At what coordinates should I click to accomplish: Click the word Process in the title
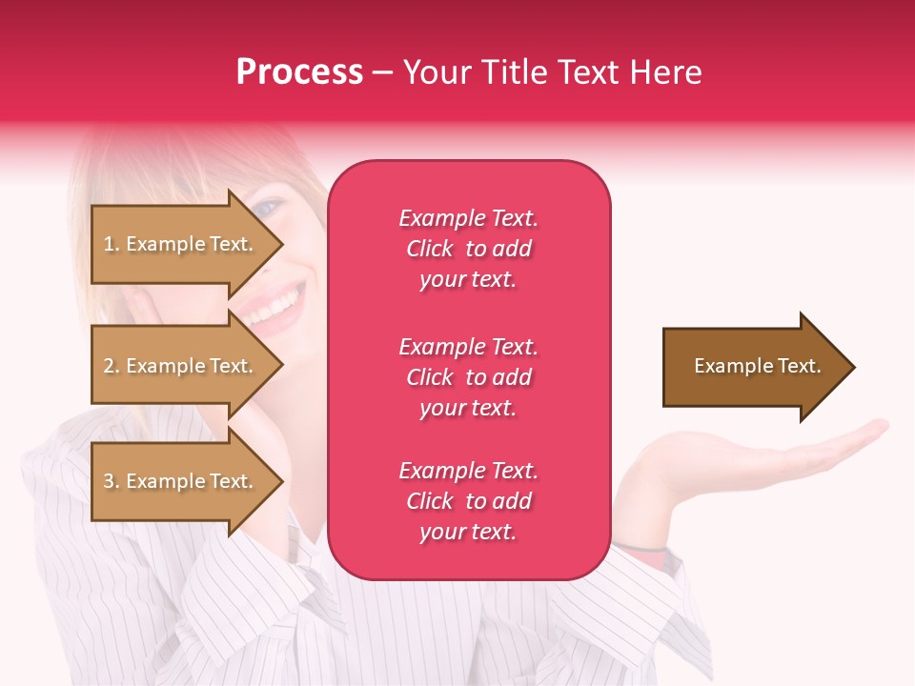(x=299, y=72)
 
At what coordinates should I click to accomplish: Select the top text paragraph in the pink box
(x=468, y=249)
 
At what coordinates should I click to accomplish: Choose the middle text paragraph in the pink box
(x=468, y=377)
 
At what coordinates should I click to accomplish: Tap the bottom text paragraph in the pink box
(x=468, y=501)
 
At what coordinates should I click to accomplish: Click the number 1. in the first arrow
(x=111, y=244)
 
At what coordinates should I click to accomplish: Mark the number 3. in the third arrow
(x=111, y=481)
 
